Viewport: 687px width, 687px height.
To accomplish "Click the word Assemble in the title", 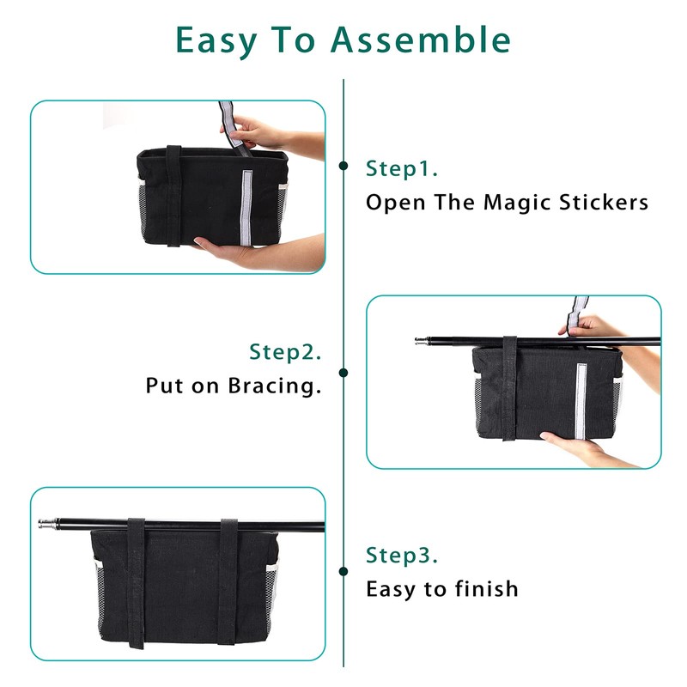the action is (421, 40).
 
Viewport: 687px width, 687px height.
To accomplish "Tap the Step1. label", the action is (402, 168).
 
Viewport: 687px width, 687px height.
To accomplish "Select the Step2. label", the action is (285, 351).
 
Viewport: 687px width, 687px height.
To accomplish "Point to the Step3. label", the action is (402, 555).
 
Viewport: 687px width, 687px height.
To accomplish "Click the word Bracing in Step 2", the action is (275, 386).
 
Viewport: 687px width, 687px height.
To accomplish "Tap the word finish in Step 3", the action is (486, 588).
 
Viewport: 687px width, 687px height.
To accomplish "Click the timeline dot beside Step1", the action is (343, 166).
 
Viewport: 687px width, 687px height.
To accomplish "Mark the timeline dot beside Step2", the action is (343, 373).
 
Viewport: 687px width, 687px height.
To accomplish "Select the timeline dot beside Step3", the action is (343, 571).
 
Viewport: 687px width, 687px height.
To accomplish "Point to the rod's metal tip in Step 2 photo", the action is (422, 340).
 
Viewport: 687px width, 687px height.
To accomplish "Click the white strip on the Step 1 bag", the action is (246, 207).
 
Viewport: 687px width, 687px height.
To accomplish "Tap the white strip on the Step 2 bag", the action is (581, 401).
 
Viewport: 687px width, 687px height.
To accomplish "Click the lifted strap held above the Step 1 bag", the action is (232, 127).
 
